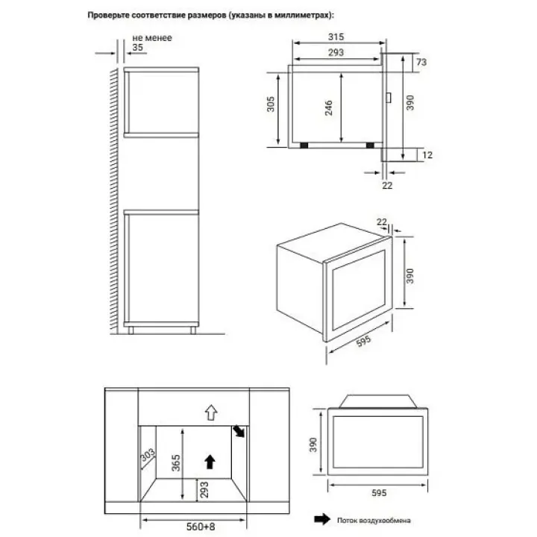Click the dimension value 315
pyautogui.click(x=336, y=37)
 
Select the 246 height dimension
pyautogui.click(x=328, y=107)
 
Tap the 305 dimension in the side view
pyautogui.click(x=271, y=104)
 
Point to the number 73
pyautogui.click(x=421, y=62)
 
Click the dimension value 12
pyautogui.click(x=427, y=155)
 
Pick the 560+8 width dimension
pyautogui.click(x=201, y=527)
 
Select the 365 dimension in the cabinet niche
pyautogui.click(x=176, y=462)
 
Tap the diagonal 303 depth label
pyautogui.click(x=148, y=455)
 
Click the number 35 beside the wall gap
pyautogui.click(x=138, y=47)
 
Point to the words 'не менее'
pyautogui.click(x=152, y=38)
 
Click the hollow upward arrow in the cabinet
pyautogui.click(x=211, y=412)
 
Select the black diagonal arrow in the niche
pyautogui.click(x=239, y=431)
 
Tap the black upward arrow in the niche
pyautogui.click(x=210, y=462)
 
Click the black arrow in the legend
pyautogui.click(x=322, y=519)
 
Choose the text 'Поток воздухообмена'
pyautogui.click(x=374, y=521)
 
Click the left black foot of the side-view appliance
pyautogui.click(x=304, y=145)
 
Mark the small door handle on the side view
pyautogui.click(x=389, y=98)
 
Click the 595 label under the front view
pyautogui.click(x=379, y=493)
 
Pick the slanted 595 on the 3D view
pyautogui.click(x=363, y=341)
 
